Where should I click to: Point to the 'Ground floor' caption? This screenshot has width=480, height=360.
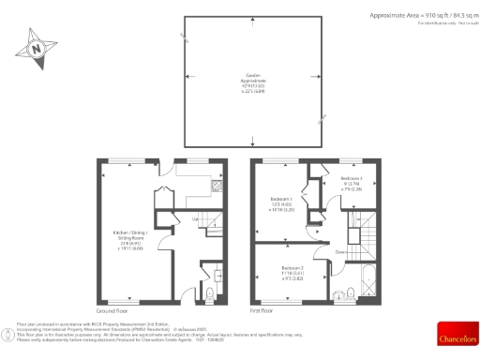[x=112, y=310]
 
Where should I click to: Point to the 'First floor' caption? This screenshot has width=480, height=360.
[x=263, y=310]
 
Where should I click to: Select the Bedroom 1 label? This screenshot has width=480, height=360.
[x=280, y=203]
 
